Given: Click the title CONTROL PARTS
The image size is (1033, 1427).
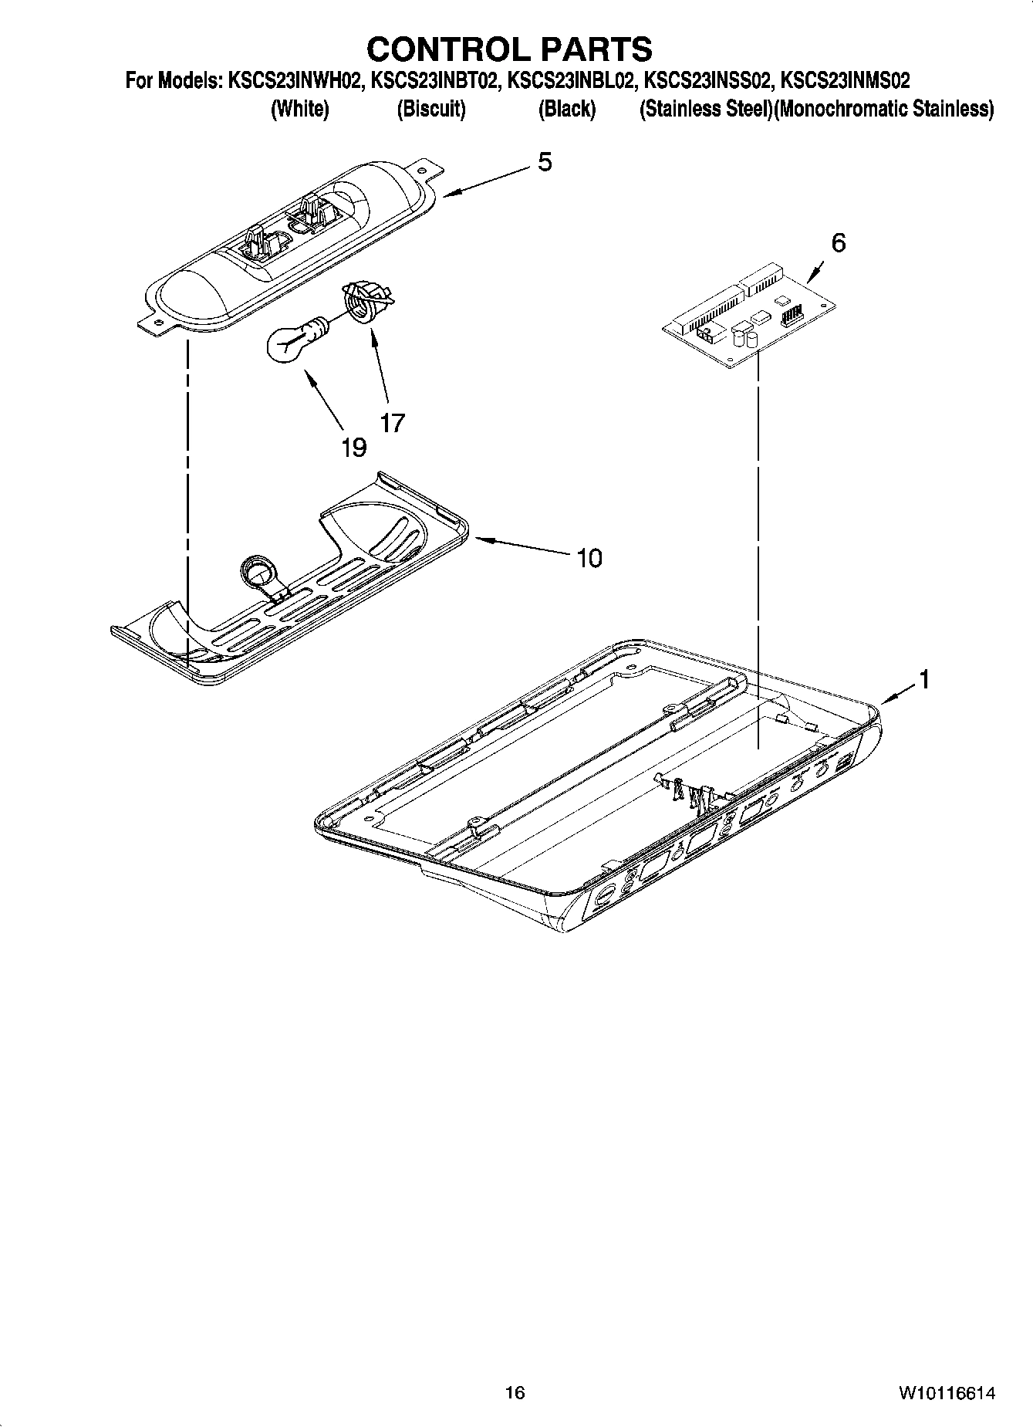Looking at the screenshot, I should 509,49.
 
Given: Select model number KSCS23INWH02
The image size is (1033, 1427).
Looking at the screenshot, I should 295,80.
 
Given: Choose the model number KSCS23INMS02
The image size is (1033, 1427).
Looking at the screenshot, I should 846,80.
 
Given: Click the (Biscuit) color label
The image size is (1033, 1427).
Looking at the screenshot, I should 431,109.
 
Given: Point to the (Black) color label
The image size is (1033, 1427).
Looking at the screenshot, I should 567,109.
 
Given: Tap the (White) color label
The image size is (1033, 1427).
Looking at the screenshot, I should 299,109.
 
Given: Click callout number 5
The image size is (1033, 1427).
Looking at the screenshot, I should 545,162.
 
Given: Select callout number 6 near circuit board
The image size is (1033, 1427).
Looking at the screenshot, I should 838,243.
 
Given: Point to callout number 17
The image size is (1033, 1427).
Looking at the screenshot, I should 392,423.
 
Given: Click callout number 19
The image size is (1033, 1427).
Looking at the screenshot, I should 354,448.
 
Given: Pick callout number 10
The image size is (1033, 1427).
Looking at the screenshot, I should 589,558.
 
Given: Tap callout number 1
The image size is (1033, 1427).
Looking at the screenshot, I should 923,680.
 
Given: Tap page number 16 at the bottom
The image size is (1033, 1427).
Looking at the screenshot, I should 515,1393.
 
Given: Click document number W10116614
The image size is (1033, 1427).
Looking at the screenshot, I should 946,1393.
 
